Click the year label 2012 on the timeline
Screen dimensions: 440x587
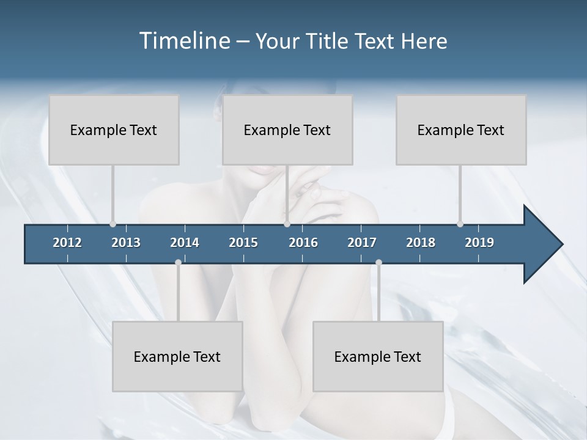click(67, 243)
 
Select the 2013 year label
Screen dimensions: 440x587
click(126, 243)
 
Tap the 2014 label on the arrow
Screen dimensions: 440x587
click(185, 243)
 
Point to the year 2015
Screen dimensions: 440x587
click(243, 243)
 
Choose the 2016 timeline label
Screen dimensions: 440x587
click(303, 243)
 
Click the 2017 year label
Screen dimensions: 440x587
click(362, 243)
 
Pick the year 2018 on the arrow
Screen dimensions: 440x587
click(421, 243)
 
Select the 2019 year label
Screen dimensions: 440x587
click(479, 243)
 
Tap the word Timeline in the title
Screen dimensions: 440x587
click(183, 41)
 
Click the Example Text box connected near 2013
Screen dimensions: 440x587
click(114, 130)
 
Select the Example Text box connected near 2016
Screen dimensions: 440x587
click(287, 130)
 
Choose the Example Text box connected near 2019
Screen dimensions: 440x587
click(461, 130)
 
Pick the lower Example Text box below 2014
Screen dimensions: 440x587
click(177, 356)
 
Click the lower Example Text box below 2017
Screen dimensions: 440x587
click(378, 356)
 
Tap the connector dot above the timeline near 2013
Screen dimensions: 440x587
click(113, 224)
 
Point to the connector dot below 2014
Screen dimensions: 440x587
click(178, 262)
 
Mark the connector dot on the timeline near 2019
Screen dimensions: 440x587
click(460, 224)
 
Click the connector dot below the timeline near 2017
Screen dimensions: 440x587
click(378, 262)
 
